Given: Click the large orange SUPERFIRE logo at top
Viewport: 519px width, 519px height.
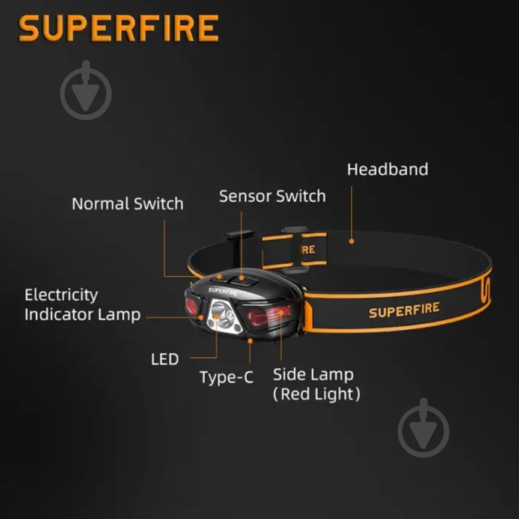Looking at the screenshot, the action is tap(118, 28).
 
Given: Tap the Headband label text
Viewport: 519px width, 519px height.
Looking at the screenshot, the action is tap(387, 169).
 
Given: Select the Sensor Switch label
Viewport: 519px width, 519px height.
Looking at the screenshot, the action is tap(272, 196).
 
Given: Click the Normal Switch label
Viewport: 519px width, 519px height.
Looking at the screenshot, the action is tap(127, 204).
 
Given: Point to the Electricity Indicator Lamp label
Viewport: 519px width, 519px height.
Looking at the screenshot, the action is tap(82, 305).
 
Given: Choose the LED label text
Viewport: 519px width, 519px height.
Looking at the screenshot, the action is tap(165, 359).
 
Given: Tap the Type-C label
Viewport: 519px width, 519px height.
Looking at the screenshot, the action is tap(226, 377).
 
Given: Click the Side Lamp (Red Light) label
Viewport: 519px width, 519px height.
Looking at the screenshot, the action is tap(317, 384).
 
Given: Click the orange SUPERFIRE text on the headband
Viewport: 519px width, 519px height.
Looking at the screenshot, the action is tap(404, 310).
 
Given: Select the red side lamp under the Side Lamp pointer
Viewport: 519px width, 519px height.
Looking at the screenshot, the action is tap(270, 315).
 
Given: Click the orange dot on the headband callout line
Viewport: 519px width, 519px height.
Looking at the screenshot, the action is tap(351, 241).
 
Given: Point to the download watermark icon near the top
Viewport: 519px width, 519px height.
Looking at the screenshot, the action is tap(86, 90).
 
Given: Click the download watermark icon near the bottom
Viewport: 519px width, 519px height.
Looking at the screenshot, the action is tap(423, 428).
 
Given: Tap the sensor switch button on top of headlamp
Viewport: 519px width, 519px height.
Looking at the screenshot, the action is tap(243, 281).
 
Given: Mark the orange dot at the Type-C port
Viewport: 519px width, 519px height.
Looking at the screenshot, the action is tap(250, 341).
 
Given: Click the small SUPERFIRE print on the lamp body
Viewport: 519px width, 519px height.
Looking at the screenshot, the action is tap(223, 291).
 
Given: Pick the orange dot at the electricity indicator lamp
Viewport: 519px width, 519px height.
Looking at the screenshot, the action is tap(201, 318).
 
